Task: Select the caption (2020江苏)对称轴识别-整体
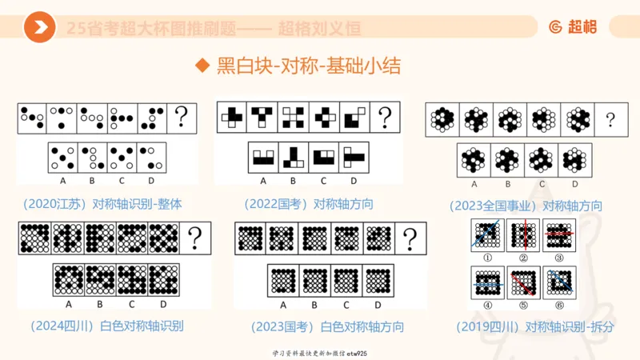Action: point(102,203)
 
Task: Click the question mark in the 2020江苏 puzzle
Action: point(182,118)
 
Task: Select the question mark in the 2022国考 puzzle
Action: point(385,118)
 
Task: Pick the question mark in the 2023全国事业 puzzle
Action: point(610,120)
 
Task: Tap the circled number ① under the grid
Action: point(486,258)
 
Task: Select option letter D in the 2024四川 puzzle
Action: point(163,303)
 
